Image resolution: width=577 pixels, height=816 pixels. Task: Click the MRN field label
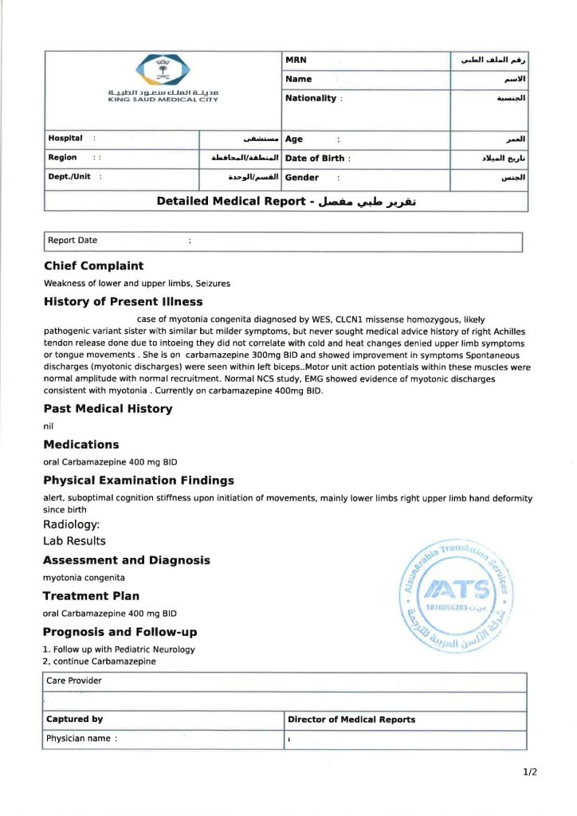coord(296,61)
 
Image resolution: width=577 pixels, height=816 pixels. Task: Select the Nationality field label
coord(311,98)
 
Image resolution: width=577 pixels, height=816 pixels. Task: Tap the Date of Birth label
coord(315,158)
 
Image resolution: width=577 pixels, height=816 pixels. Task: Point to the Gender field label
coord(302,178)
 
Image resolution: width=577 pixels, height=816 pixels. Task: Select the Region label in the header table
coord(62,158)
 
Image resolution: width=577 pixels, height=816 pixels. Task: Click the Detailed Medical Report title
coord(286,201)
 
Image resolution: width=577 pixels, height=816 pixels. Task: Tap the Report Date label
coord(73,240)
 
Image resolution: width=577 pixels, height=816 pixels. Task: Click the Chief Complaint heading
coord(93,266)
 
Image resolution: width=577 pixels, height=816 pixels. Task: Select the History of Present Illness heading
coord(123,302)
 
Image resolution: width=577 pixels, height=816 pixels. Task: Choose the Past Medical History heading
coord(108,409)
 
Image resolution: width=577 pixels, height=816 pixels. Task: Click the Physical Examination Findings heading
coord(139,481)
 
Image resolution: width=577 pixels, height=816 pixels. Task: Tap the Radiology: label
coord(71,524)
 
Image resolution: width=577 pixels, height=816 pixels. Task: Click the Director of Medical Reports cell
coord(351,720)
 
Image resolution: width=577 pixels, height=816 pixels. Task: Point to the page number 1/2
coord(531,772)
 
